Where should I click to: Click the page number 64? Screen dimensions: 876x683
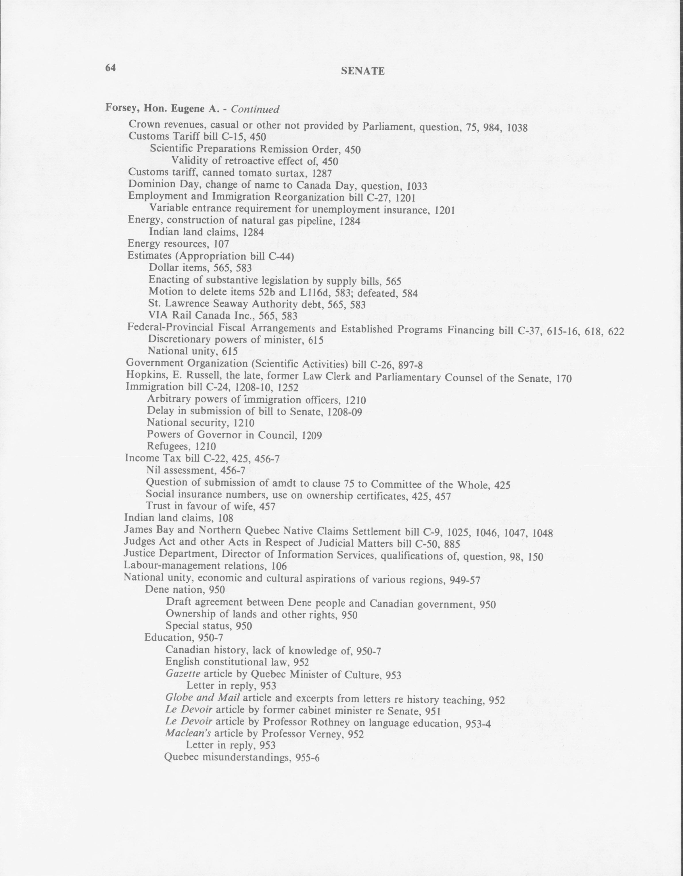pos(110,68)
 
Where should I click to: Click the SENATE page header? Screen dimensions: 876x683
pos(363,71)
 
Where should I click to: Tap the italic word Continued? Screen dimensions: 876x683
pos(255,109)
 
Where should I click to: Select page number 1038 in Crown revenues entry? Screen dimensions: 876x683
pos(517,128)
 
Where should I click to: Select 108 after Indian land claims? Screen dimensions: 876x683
pos(225,518)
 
